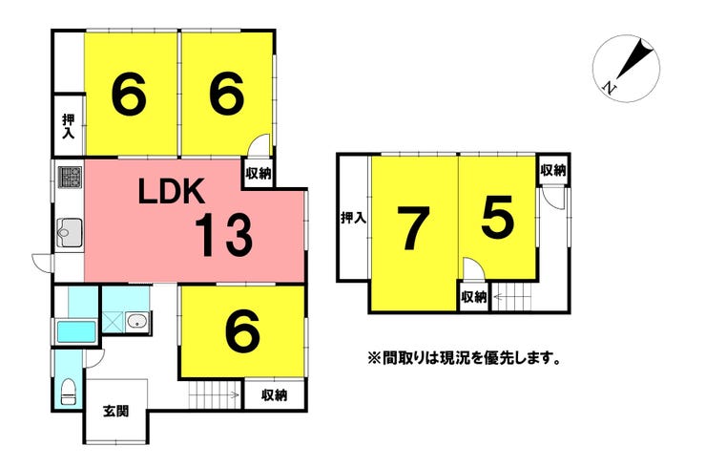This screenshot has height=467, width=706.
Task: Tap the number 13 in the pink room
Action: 224,235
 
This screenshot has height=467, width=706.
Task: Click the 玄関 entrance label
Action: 116,411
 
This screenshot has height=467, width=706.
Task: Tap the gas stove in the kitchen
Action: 70,177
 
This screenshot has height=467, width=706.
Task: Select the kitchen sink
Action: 70,233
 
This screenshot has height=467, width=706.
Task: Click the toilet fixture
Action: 69,393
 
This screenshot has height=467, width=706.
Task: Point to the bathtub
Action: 76,331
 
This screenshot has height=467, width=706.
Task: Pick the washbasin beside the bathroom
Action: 136,322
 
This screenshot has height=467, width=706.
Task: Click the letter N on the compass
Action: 610,88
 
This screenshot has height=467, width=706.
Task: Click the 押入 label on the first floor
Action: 69,127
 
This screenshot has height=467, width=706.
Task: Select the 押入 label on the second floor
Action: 353,218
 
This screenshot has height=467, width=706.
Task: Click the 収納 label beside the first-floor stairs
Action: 274,395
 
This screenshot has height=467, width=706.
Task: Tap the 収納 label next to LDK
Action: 259,173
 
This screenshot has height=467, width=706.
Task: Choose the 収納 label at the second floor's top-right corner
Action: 553,170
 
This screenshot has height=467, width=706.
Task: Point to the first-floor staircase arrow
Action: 215,395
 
